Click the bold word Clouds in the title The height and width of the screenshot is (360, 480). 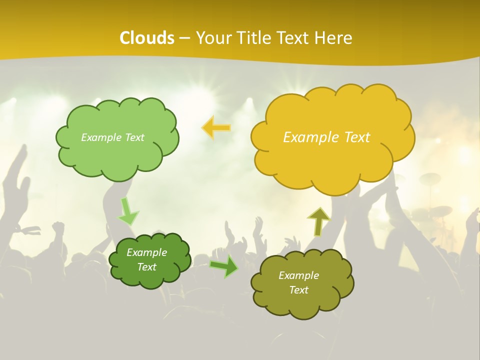click(147, 38)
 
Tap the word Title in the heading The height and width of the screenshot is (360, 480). click(253, 38)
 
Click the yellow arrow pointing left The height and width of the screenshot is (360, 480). click(216, 127)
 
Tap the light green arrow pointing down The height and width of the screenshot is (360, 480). click(127, 211)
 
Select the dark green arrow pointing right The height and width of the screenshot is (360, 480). click(224, 266)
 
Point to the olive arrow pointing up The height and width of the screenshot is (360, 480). click(318, 221)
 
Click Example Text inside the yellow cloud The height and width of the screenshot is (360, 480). click(326, 137)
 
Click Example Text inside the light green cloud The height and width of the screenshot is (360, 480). click(112, 137)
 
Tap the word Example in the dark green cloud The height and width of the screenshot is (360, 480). click(146, 252)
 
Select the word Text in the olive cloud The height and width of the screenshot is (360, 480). click(298, 290)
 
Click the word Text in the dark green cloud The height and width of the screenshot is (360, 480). click(146, 267)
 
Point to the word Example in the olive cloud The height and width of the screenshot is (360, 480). click(298, 275)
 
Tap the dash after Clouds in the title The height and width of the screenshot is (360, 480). click(184, 38)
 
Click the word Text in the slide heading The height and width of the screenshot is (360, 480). click(295, 38)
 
